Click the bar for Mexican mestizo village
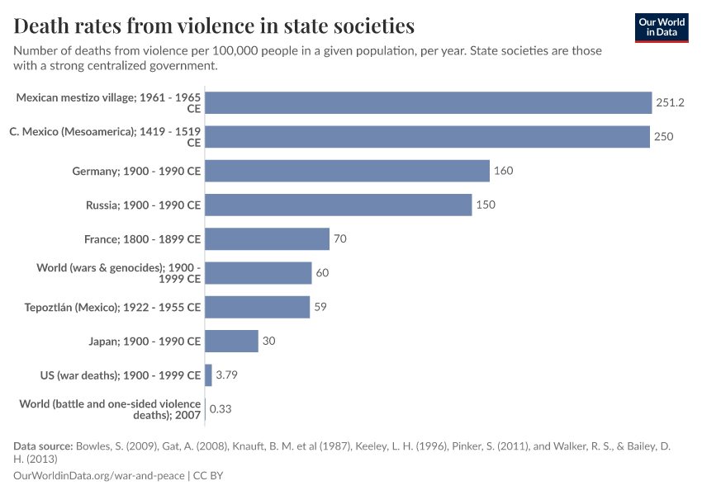[428, 102]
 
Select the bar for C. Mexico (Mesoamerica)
[427, 137]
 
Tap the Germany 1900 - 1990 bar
[347, 171]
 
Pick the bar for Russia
[338, 205]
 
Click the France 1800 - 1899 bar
[267, 239]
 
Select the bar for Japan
[231, 341]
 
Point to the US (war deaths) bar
[208, 375]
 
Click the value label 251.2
[671, 102]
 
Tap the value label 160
[503, 171]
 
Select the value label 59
[321, 307]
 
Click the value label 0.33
[220, 409]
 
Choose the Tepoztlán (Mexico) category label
[112, 307]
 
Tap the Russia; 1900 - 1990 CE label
[143, 205]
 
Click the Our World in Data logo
[662, 27]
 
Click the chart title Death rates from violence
[214, 26]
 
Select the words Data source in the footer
[43, 446]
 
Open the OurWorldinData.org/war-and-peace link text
[99, 476]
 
